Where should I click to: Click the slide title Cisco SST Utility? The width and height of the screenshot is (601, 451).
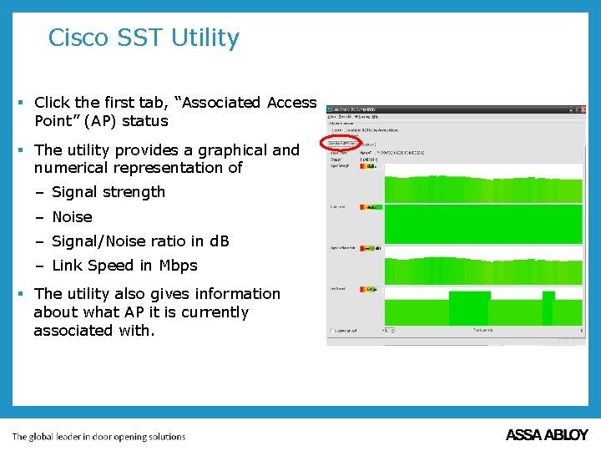144,38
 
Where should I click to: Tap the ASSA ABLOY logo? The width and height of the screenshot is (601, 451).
547,435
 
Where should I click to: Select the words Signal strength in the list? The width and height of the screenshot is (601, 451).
109,192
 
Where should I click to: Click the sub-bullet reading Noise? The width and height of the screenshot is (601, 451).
72,217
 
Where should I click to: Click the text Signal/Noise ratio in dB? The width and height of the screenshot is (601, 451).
140,241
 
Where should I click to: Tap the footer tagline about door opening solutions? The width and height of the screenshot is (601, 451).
98,436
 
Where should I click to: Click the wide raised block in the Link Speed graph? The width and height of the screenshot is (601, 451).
469,307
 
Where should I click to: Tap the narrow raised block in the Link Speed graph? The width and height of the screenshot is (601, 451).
548,307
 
